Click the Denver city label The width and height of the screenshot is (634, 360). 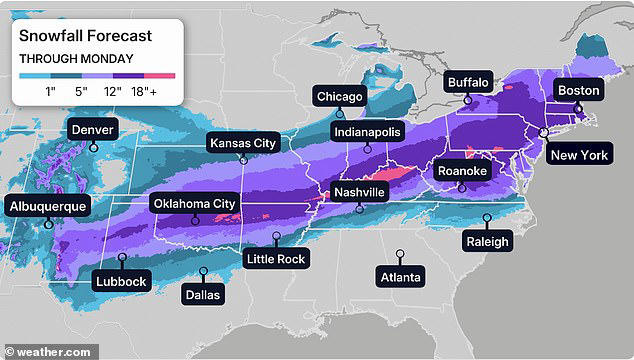[92, 129]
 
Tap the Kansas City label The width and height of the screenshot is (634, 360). [242, 143]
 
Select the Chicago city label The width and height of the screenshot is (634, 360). [339, 96]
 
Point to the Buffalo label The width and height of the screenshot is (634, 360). [468, 82]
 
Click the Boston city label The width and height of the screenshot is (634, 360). [578, 91]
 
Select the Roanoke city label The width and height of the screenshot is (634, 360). [463, 172]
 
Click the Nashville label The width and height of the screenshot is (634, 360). [359, 192]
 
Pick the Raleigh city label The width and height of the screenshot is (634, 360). [487, 241]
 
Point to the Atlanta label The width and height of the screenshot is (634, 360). [400, 276]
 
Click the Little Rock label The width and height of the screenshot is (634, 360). [276, 259]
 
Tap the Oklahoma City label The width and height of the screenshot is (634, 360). [194, 204]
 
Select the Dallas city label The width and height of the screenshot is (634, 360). [203, 294]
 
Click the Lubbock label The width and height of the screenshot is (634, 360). [121, 281]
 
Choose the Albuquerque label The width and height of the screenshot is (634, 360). [47, 207]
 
